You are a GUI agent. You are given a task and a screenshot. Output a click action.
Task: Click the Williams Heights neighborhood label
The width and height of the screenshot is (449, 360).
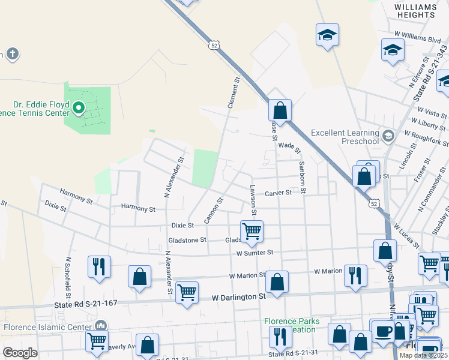(x=415, y=11)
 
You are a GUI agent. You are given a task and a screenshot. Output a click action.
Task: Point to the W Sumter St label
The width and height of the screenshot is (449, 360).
(x=255, y=253)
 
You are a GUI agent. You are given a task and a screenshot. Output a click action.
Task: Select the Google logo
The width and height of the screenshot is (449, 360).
(x=20, y=353)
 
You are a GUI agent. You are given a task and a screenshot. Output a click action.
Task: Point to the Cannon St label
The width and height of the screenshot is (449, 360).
(x=214, y=209)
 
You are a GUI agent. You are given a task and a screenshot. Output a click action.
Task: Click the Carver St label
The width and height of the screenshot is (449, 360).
(x=279, y=193)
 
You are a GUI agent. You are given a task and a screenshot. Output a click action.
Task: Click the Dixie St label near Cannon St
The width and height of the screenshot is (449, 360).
(x=182, y=226)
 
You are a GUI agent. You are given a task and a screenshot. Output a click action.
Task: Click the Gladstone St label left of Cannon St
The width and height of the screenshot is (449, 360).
(x=187, y=239)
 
